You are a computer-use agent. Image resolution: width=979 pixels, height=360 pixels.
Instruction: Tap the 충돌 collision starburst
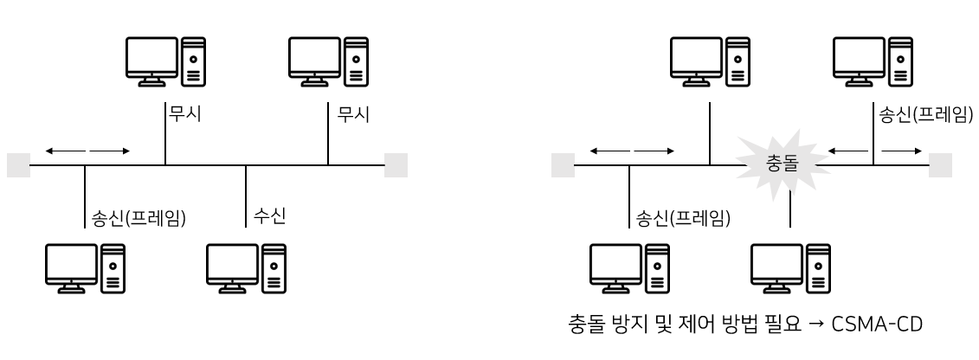(783, 163)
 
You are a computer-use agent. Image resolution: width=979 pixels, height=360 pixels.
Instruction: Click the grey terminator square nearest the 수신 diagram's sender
(18, 164)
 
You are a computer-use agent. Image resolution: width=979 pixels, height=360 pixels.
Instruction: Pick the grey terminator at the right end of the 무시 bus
(396, 164)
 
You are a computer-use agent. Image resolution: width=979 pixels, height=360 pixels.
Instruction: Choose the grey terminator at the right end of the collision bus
(940, 164)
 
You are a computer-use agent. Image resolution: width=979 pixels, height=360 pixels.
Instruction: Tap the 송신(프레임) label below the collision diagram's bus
(683, 216)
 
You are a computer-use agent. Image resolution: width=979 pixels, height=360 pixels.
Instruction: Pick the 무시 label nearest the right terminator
(351, 115)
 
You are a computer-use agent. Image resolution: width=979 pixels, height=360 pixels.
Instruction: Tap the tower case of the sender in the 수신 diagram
(113, 267)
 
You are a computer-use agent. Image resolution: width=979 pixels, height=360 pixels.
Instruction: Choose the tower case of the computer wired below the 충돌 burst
(819, 267)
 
